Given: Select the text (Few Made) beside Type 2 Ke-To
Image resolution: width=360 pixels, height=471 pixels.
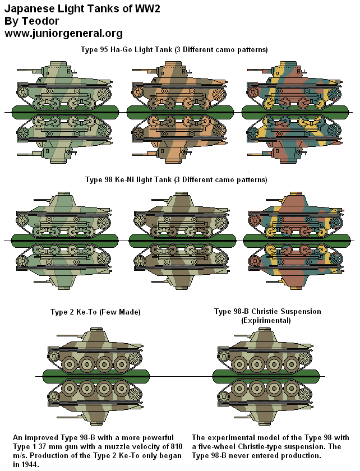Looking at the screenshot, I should (x=119, y=312).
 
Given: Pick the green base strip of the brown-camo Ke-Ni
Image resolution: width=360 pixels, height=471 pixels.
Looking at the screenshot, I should (x=179, y=241).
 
